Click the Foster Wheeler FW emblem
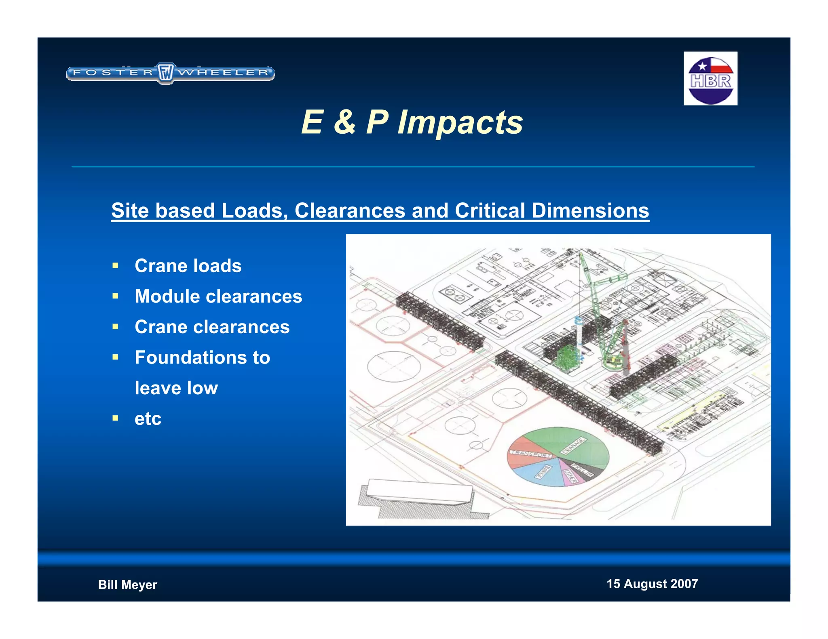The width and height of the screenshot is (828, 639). click(x=165, y=73)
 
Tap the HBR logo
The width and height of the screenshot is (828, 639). click(x=710, y=79)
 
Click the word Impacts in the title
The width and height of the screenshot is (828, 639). click(x=460, y=122)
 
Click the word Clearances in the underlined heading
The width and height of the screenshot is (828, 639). click(x=349, y=210)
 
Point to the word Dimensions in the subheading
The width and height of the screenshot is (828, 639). click(x=590, y=210)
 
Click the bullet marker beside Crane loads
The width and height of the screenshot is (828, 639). click(x=116, y=266)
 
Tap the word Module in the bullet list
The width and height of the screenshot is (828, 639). click(x=167, y=296)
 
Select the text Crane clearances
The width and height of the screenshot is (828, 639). click(x=212, y=327)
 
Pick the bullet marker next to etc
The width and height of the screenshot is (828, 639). click(x=116, y=418)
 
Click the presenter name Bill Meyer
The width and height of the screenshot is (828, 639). click(x=127, y=584)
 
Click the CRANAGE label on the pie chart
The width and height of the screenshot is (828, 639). click(x=573, y=445)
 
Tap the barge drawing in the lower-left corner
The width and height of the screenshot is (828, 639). click(x=420, y=493)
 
